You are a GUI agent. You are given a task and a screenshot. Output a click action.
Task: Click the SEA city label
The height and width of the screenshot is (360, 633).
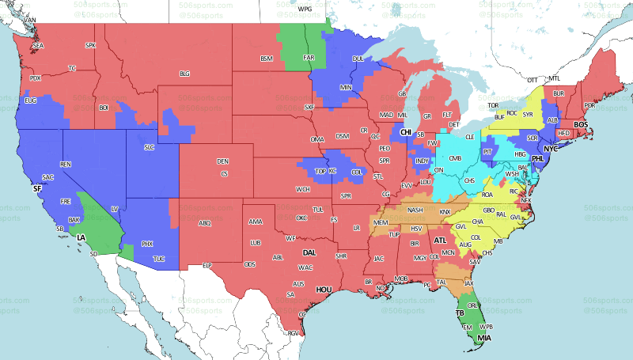[x=38, y=47]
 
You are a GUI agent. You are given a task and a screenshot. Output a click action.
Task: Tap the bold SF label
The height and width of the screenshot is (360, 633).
[x=36, y=190]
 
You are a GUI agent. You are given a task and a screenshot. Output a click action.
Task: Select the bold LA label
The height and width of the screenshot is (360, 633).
[x=81, y=237]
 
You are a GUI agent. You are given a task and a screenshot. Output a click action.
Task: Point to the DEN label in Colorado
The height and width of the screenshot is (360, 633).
[x=223, y=161]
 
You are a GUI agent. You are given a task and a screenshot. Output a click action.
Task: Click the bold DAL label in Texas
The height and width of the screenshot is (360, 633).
[x=309, y=253]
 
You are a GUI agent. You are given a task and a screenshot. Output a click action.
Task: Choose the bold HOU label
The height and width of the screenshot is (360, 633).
[x=323, y=290]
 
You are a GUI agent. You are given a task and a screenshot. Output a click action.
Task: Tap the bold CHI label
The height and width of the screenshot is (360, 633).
[x=406, y=132]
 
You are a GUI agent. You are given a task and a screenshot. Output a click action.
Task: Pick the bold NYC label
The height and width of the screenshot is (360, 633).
[x=551, y=149]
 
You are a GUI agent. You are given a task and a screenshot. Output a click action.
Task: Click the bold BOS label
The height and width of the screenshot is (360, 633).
[x=581, y=124]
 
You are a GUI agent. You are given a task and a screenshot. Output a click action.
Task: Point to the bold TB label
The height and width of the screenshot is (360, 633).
[x=460, y=313]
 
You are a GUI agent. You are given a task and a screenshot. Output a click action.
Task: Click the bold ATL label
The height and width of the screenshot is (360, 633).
[x=440, y=240]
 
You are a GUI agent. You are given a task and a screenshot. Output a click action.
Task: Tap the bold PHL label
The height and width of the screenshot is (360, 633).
[x=538, y=158]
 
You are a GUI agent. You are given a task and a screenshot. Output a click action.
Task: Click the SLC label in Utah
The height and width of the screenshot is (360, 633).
[x=149, y=147]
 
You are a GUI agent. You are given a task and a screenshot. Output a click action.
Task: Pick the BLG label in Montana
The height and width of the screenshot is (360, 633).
[x=185, y=74]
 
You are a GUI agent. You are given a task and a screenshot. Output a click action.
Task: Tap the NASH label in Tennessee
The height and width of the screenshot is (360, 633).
[x=415, y=210]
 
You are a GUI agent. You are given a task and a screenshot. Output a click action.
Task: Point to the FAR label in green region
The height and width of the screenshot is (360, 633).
[x=309, y=58]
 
